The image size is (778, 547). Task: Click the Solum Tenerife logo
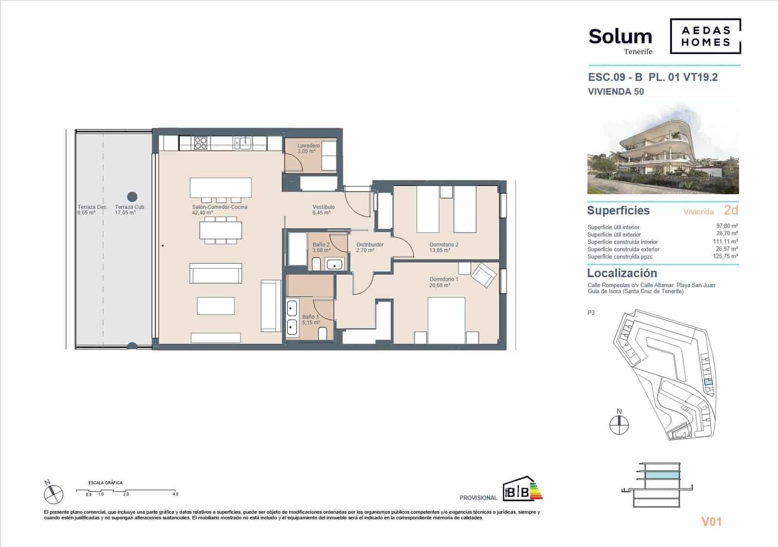click(x=620, y=40)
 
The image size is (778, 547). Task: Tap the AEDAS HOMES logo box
click(x=706, y=36)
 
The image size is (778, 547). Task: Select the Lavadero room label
click(x=309, y=148)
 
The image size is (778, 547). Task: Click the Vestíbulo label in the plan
click(x=323, y=209)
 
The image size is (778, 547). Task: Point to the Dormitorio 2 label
click(x=443, y=247)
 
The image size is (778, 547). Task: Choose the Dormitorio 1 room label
click(x=443, y=282)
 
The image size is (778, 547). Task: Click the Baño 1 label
click(x=311, y=319)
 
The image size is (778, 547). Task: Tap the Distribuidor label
click(x=370, y=247)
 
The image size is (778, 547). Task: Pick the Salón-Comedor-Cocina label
click(x=219, y=209)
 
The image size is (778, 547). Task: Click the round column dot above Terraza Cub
click(x=132, y=197)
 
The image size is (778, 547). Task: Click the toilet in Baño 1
click(x=322, y=334)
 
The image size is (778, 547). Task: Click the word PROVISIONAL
click(x=478, y=498)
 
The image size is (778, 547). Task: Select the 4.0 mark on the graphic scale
click(x=175, y=494)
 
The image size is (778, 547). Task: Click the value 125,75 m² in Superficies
click(x=727, y=256)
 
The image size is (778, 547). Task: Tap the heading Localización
click(x=622, y=273)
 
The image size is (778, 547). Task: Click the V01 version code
click(x=711, y=522)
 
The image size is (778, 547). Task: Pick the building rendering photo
click(x=663, y=149)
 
